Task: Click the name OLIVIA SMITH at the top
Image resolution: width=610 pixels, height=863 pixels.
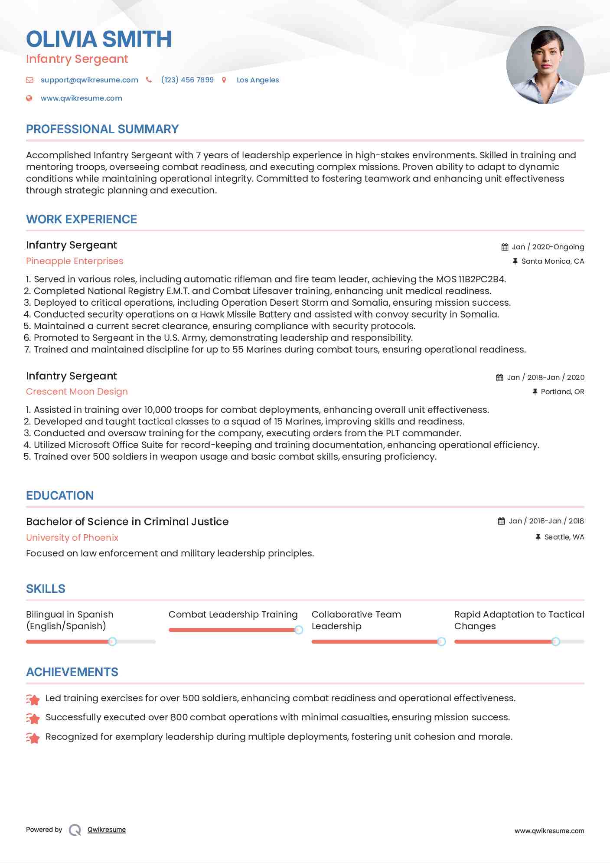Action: [99, 39]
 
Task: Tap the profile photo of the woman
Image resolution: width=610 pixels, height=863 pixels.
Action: [545, 65]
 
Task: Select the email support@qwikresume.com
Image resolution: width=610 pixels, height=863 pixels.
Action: [89, 80]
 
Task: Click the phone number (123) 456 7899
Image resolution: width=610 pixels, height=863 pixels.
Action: [187, 80]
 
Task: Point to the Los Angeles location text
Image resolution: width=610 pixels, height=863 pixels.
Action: [258, 80]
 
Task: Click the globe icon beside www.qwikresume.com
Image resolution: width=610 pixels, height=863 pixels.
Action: [29, 98]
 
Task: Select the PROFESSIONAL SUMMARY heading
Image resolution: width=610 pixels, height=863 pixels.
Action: [102, 129]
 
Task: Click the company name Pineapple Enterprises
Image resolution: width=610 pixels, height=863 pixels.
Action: [75, 261]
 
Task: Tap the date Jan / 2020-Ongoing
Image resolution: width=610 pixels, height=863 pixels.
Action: [548, 247]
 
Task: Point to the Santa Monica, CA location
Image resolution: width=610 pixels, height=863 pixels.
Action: [552, 261]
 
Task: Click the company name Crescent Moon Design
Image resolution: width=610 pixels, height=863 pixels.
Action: [77, 392]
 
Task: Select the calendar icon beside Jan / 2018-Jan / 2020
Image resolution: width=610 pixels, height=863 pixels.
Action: [500, 378]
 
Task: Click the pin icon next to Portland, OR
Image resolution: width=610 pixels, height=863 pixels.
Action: [535, 392]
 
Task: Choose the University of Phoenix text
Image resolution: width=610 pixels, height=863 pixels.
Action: [72, 538]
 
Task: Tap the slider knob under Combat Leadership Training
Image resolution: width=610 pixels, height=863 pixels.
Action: [298, 630]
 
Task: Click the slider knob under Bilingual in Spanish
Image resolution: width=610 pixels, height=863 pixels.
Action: [112, 642]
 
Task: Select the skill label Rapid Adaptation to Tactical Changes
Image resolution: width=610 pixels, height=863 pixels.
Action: [519, 620]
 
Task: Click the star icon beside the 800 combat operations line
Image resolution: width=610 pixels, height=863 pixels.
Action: [33, 718]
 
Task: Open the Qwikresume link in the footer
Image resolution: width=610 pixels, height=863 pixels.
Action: [107, 830]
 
